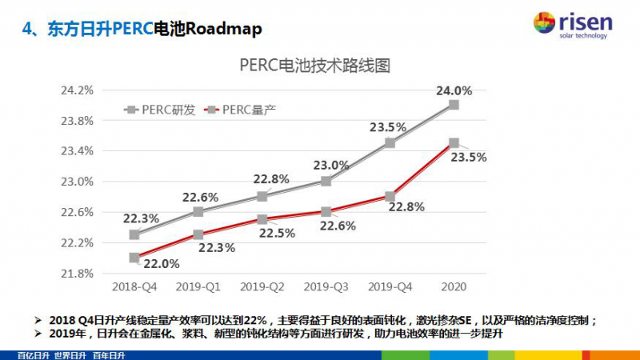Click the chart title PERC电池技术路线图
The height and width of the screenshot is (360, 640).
tap(314, 66)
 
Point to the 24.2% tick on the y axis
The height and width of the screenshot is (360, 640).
tap(77, 90)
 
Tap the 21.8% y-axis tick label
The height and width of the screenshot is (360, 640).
tap(77, 273)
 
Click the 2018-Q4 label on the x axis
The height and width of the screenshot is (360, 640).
tap(134, 286)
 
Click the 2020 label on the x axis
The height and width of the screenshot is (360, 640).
tap(454, 286)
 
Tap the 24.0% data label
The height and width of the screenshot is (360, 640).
tap(454, 90)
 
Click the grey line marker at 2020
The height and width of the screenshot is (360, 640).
tap(454, 105)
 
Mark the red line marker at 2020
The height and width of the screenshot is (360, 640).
tap(454, 143)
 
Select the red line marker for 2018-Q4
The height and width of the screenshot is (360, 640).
tap(134, 258)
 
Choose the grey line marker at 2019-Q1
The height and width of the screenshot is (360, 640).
tap(198, 212)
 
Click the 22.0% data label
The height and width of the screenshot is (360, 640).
tap(162, 263)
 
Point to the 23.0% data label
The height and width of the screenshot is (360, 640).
tap(330, 166)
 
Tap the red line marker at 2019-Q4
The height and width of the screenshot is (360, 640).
tap(390, 196)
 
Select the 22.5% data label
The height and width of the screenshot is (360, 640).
tap(277, 233)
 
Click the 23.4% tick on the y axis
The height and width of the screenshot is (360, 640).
tap(77, 150)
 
